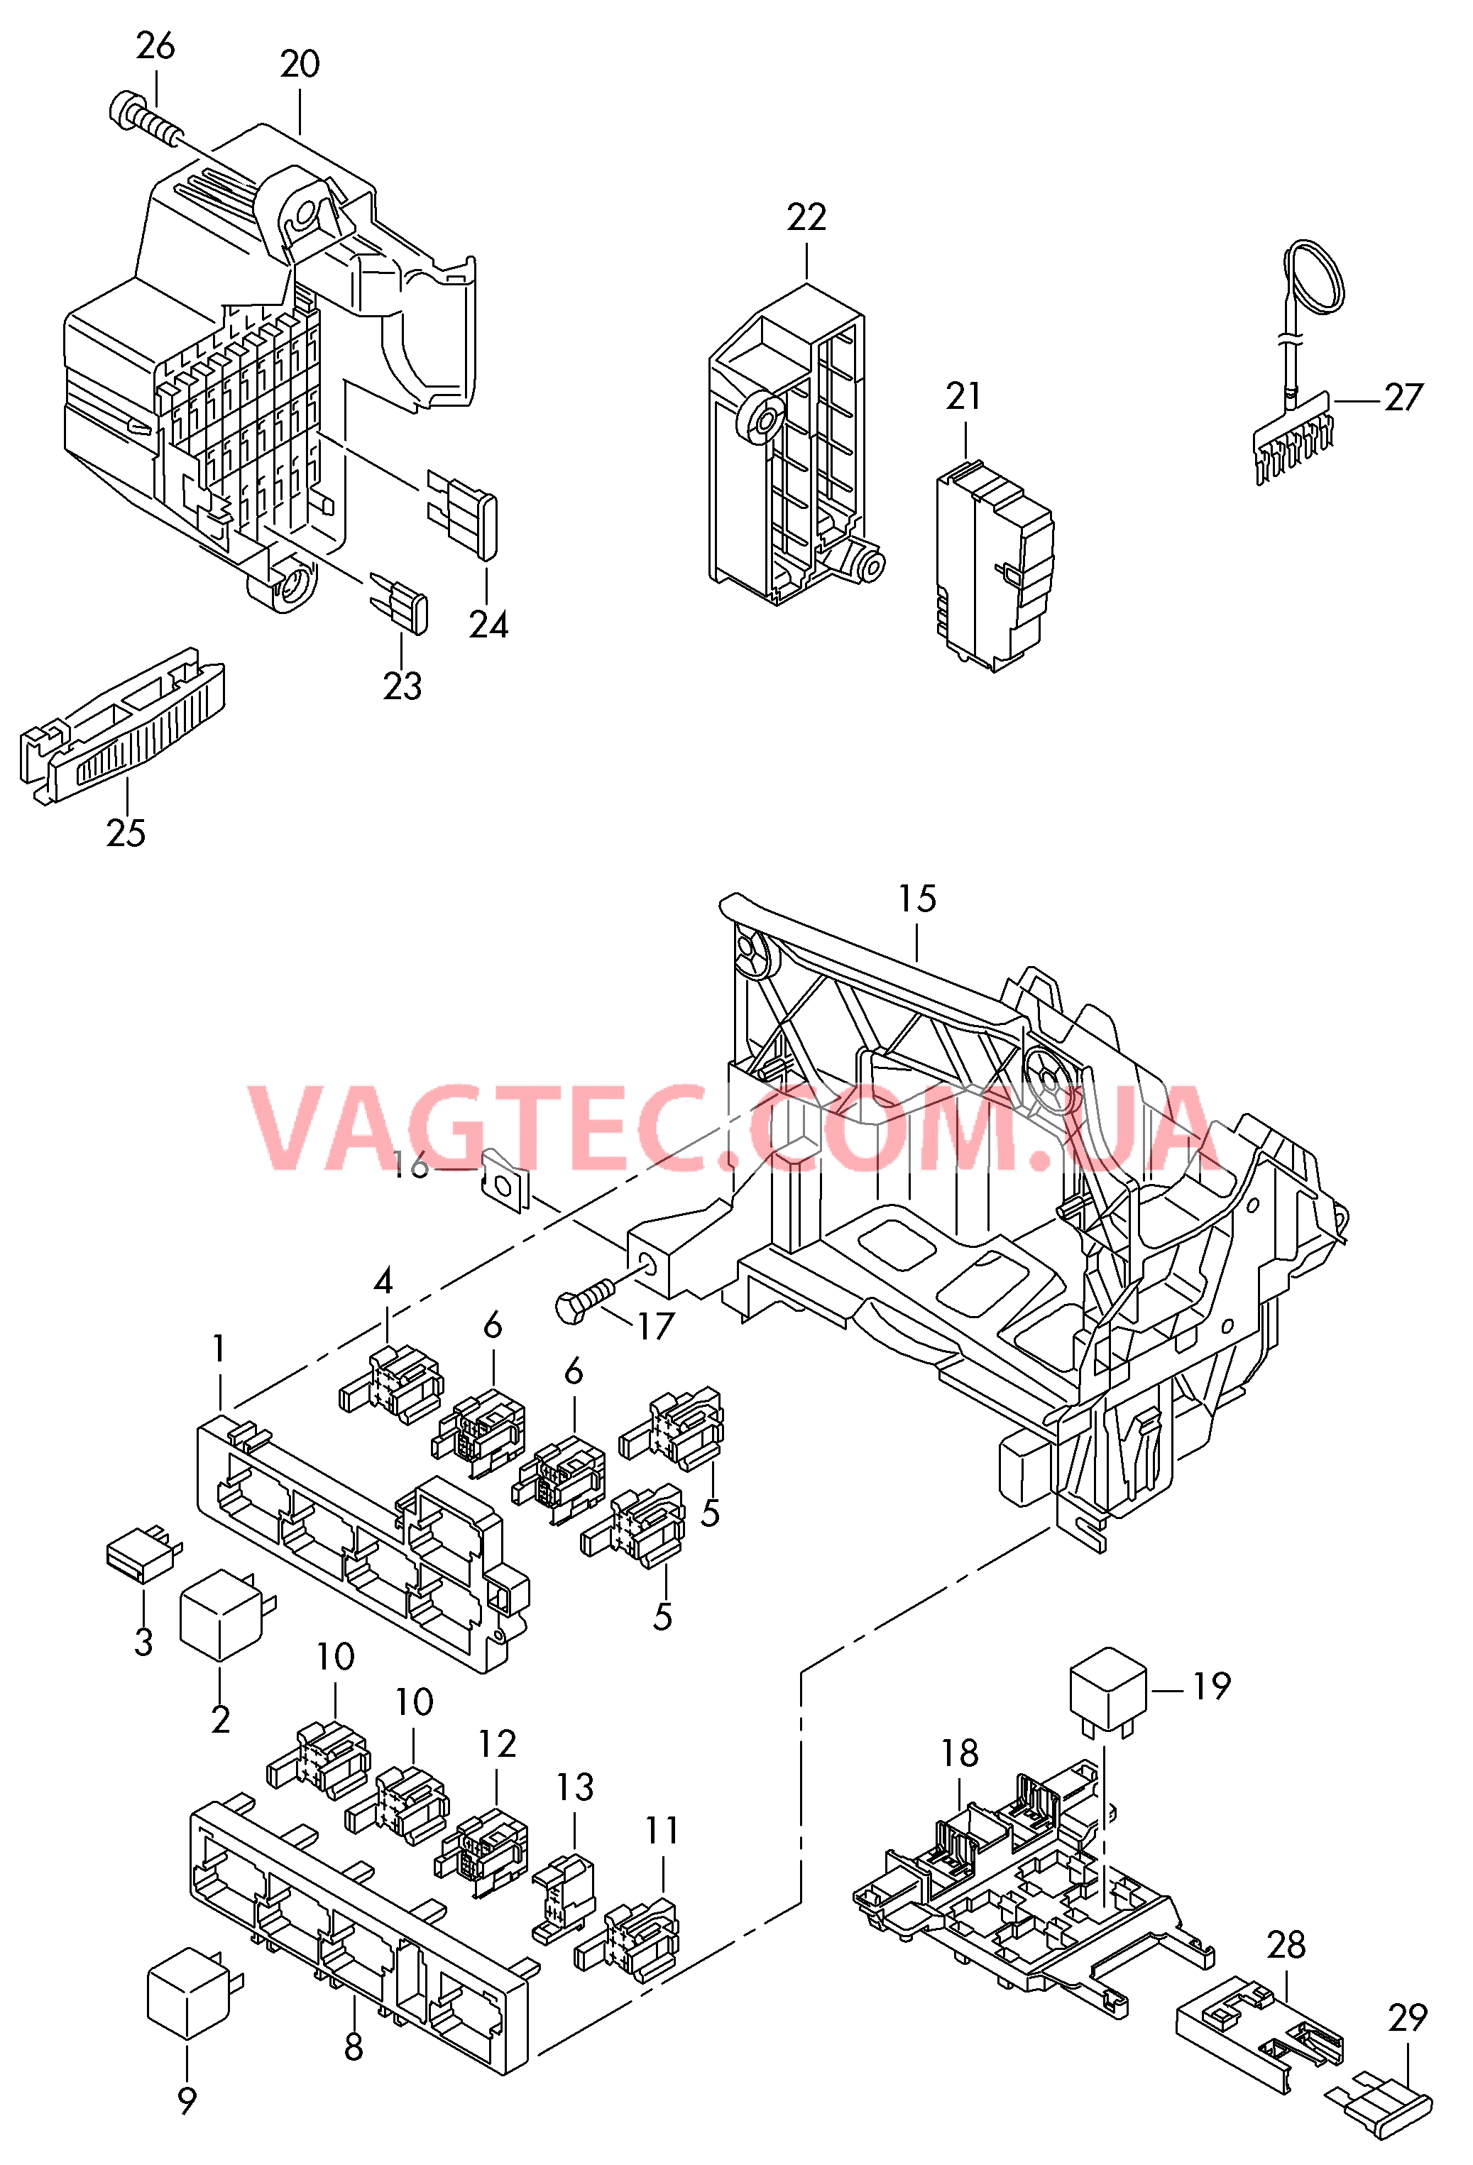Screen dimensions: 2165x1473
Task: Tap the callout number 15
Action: point(916,899)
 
